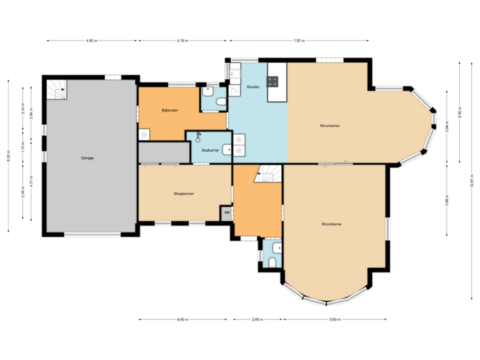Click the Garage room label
pos(87,158)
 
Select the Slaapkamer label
pos(183,193)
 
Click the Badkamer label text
pos(210,151)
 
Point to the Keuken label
pos(253,87)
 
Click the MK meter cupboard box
pos(227,213)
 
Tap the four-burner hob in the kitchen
pos(273,82)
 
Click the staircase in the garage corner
pos(56,89)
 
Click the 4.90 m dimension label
pos(91,41)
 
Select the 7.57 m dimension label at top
pos(299,41)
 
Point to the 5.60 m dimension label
pos(335,320)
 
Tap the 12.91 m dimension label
pos(471,182)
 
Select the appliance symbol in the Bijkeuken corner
pos(144,134)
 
